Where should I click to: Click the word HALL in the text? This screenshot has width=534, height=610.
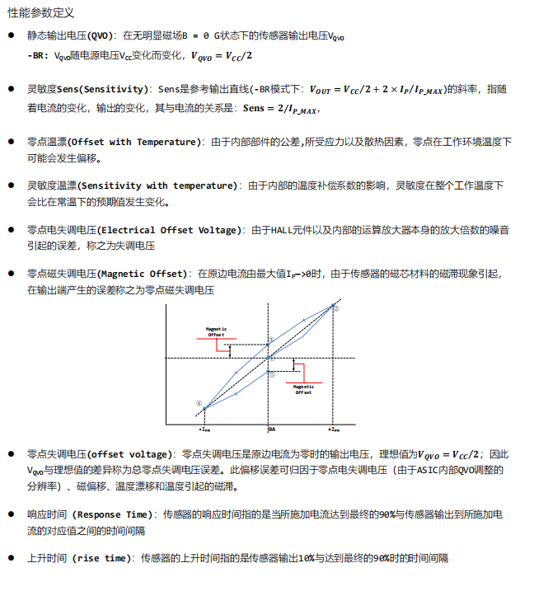pos(283,230)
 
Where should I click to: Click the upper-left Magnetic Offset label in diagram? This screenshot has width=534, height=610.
pos(216,331)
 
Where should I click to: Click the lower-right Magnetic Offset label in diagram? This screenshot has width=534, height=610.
pos(304,389)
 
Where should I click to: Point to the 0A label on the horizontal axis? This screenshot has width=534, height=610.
pos(271,429)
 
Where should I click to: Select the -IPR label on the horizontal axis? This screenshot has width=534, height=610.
pos(204,429)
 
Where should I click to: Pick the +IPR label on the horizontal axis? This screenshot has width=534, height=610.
pos(334,429)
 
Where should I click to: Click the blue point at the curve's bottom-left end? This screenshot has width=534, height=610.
pos(204,407)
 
